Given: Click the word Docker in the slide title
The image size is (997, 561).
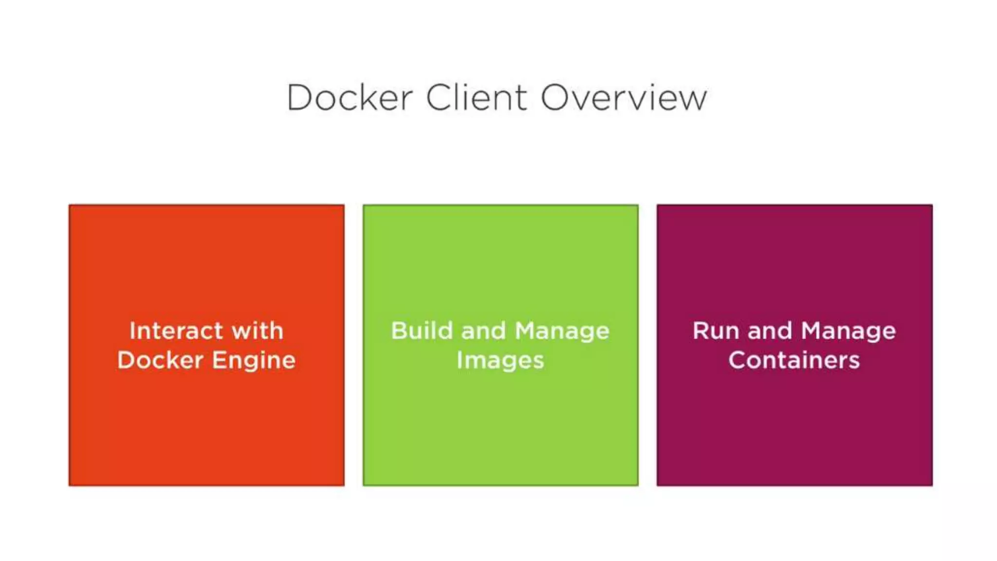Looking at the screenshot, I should pyautogui.click(x=350, y=97).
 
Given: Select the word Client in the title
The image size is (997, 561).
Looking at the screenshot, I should pyautogui.click(x=477, y=97).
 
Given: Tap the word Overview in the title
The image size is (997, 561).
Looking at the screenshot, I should pyautogui.click(x=624, y=97).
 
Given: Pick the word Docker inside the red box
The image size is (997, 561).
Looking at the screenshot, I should pyautogui.click(x=160, y=360).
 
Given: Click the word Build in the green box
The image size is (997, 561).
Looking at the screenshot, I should pyautogui.click(x=422, y=331).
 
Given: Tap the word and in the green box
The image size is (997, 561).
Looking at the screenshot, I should pyautogui.click(x=483, y=331).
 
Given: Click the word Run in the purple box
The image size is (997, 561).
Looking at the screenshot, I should pyautogui.click(x=715, y=331).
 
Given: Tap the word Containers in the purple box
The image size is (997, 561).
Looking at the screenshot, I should pyautogui.click(x=794, y=360).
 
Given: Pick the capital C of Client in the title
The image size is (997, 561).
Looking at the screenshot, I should pyautogui.click(x=440, y=97).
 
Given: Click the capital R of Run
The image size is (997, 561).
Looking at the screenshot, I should pyautogui.click(x=702, y=331).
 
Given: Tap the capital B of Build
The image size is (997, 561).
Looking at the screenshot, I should pyautogui.click(x=400, y=331).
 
